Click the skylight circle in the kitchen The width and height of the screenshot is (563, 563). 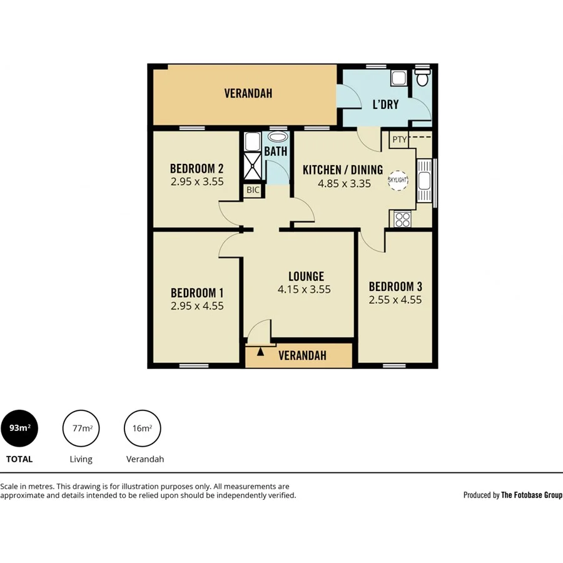(x=398, y=180)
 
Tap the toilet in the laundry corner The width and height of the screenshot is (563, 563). (x=424, y=78)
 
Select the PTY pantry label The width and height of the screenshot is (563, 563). (x=399, y=139)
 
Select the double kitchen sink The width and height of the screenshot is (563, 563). (x=424, y=180)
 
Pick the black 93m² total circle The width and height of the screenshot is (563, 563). (x=19, y=429)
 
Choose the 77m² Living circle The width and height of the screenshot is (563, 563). (x=82, y=429)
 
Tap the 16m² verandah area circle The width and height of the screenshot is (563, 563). (x=143, y=429)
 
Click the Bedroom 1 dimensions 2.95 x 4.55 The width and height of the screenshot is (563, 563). (x=197, y=307)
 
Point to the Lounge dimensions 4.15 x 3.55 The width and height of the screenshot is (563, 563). (x=304, y=290)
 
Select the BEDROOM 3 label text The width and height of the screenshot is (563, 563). (x=395, y=287)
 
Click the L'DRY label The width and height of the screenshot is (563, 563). (x=385, y=104)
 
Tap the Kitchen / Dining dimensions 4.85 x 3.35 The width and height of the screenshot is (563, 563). (x=344, y=184)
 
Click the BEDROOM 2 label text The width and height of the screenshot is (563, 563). (x=197, y=168)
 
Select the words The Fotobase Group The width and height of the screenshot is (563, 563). (x=532, y=495)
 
